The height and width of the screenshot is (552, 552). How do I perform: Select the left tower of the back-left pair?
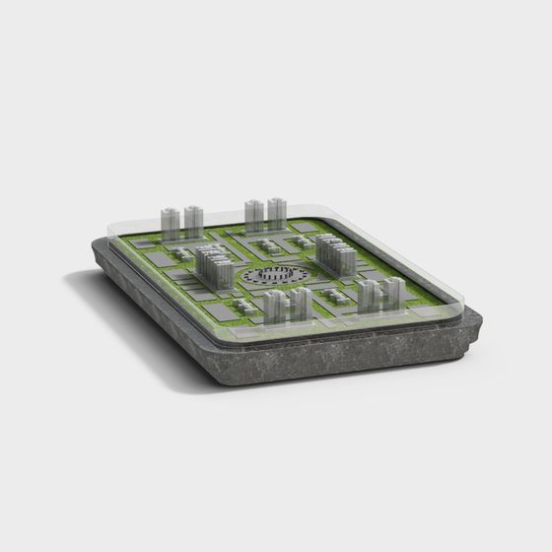point(169,224)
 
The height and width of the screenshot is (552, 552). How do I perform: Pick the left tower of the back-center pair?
point(253,215)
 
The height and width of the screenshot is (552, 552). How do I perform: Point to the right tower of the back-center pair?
point(277,213)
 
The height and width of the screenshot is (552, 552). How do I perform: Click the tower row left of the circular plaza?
point(212,265)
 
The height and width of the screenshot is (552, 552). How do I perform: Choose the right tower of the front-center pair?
point(301,305)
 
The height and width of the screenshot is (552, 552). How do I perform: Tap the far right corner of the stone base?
point(483,321)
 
